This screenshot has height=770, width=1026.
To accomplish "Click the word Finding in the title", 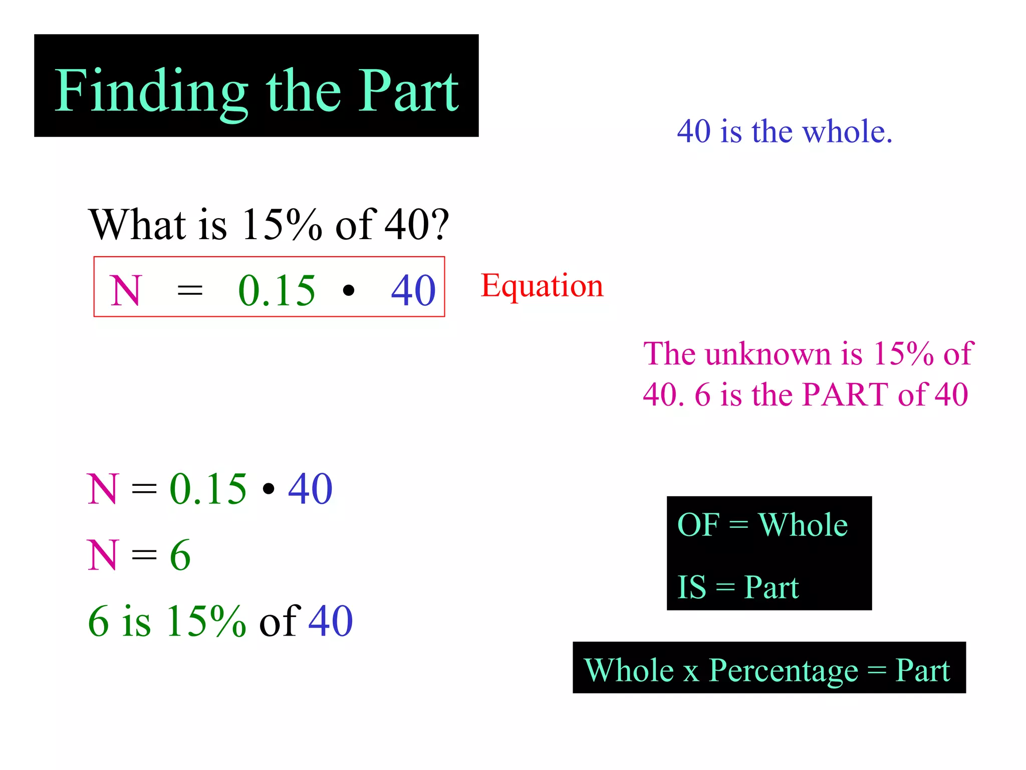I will coord(151,92).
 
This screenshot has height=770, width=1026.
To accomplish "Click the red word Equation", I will coord(542,286).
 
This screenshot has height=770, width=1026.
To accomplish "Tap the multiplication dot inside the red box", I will coord(349,290).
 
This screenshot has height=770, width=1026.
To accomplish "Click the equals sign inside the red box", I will coord(190,291).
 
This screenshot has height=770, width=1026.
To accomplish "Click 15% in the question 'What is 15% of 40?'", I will coord(282,225).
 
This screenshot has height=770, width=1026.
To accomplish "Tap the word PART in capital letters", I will coord(846,395).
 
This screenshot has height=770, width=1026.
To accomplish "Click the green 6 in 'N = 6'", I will coord(180,555).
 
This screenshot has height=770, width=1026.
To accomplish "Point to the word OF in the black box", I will coord(698,525).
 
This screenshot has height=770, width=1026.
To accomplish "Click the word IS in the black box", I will coord(691,587).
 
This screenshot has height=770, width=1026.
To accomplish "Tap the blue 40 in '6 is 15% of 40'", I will coord(331,621).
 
